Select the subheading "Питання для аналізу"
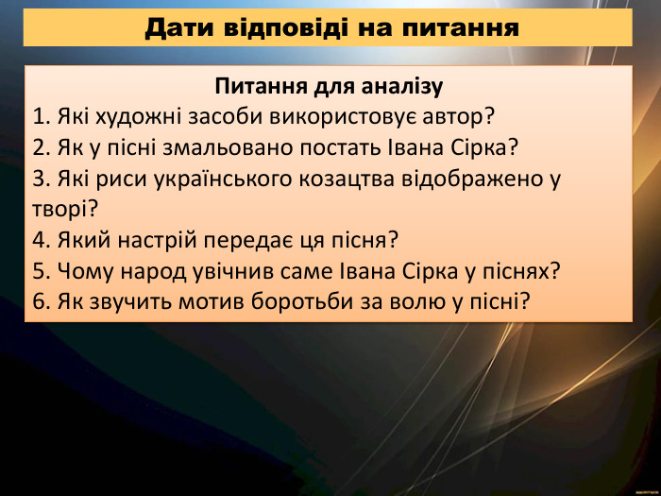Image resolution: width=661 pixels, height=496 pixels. coord(329,88)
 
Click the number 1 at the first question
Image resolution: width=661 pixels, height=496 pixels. coord(38,117)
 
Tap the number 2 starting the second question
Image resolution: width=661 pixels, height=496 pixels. coord(38,147)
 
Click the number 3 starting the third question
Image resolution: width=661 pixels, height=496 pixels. coord(38,179)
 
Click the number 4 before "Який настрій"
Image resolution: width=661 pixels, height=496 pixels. coord(38,240)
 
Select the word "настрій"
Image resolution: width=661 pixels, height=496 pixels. coord(158,240)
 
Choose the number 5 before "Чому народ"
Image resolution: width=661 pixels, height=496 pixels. coord(38,270)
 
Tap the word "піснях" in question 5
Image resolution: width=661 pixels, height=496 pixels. coord(516,270)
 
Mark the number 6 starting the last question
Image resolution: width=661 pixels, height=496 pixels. coord(38,301)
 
